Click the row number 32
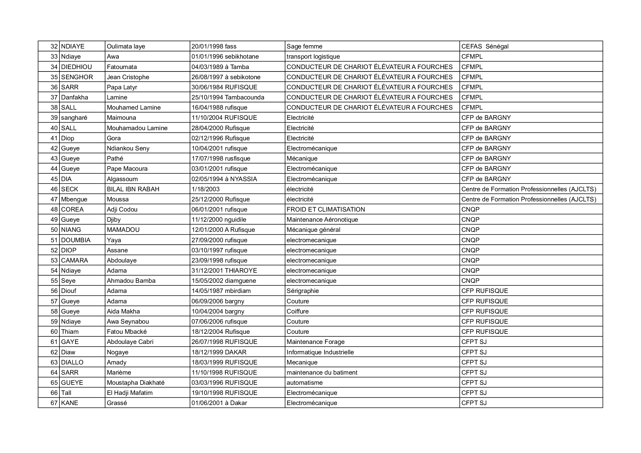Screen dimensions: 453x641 pyautogui.click(x=54, y=46)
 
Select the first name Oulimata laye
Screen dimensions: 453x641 pyautogui.click(x=126, y=46)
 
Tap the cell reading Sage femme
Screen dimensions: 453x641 pyautogui.click(x=304, y=46)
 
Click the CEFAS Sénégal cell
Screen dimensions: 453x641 pyautogui.click(x=485, y=46)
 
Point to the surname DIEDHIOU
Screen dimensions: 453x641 pyautogui.click(x=76, y=67)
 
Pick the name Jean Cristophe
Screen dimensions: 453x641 pyautogui.click(x=128, y=77)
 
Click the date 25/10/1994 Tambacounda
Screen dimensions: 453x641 pyautogui.click(x=228, y=97)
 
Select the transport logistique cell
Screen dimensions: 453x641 pyautogui.click(x=313, y=57)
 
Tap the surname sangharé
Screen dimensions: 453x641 pyautogui.click(x=74, y=118)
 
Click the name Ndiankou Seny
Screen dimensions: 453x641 pyautogui.click(x=128, y=148)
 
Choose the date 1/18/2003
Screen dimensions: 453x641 pyautogui.click(x=206, y=189)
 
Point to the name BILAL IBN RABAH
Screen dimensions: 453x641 pyautogui.click(x=133, y=189)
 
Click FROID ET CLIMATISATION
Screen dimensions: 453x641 pyautogui.click(x=326, y=209)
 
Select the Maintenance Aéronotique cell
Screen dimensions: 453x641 pyautogui.click(x=322, y=220)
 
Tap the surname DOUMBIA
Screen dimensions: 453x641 pyautogui.click(x=76, y=240)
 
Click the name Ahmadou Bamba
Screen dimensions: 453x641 pyautogui.click(x=131, y=281)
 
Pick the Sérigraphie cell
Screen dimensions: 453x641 pyautogui.click(x=303, y=291)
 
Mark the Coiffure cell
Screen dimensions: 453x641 pyautogui.click(x=298, y=311)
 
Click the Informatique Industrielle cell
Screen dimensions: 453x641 pyautogui.click(x=320, y=352)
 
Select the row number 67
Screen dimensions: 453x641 pyautogui.click(x=54, y=403)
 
